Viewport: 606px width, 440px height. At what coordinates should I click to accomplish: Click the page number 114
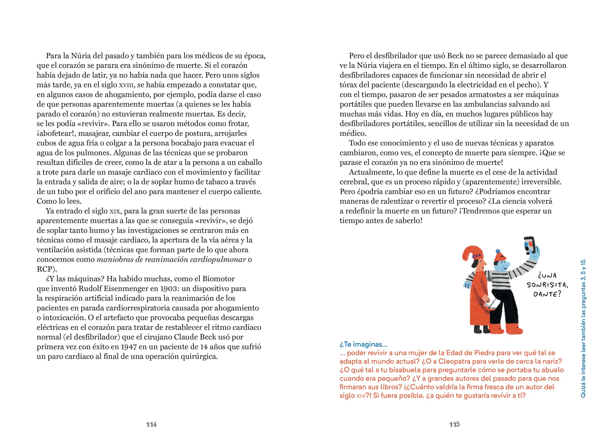tap(151, 424)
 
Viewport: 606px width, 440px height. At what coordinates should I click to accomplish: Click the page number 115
tap(454, 424)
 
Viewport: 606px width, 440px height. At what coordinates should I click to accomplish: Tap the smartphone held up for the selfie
tap(529, 245)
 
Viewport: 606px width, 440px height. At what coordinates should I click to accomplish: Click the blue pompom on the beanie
tap(498, 251)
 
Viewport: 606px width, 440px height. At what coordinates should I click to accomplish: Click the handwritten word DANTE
tap(546, 294)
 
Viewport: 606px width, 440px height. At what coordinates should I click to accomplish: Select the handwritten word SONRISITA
tap(547, 285)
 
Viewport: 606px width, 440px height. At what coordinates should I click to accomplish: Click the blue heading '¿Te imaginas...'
tap(363, 344)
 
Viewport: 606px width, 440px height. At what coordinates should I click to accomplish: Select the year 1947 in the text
tap(129, 347)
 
